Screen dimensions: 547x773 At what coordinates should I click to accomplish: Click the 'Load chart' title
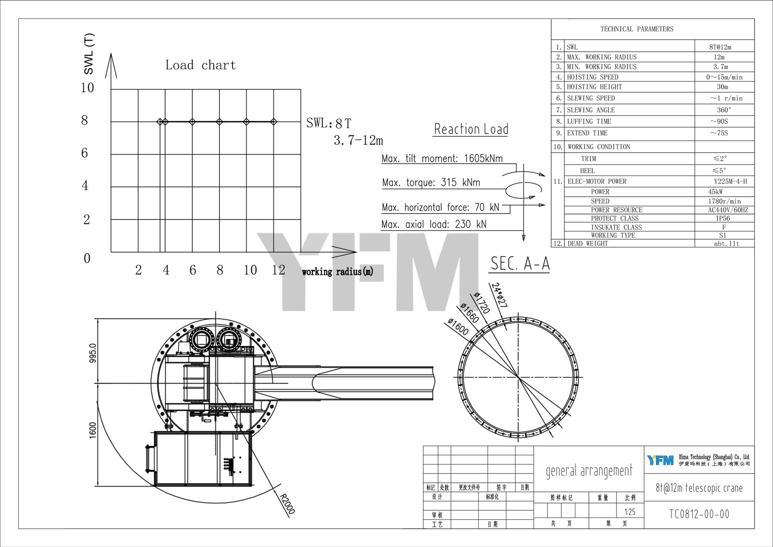coord(200,65)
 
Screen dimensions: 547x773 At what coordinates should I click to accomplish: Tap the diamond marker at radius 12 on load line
coord(274,122)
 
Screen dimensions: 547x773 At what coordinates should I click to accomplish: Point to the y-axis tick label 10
coord(87,88)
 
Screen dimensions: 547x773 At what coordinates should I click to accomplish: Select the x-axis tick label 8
coord(220,270)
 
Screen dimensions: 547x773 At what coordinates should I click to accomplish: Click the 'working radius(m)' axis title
coord(337,272)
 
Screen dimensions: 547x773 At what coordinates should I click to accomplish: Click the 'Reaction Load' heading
coord(471,130)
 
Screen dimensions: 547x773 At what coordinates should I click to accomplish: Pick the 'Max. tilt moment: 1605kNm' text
coord(442,158)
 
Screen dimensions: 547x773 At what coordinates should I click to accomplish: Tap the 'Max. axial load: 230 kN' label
coord(433,224)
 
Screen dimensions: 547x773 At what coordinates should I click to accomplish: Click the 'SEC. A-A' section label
coord(520,264)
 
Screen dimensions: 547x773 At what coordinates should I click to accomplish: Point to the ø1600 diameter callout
coord(458,327)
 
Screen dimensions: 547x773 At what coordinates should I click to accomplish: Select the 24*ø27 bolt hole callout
coord(499,295)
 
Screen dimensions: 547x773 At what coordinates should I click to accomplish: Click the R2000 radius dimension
coord(287,503)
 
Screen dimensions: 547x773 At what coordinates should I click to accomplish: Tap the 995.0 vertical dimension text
coord(93,353)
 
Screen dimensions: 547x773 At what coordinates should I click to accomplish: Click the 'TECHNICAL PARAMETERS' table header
coord(636,29)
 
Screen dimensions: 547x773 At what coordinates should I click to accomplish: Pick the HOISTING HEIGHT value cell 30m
coord(722,87)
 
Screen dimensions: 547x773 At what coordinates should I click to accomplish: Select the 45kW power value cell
coord(716,192)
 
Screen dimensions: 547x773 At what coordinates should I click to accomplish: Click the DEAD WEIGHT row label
coord(587,244)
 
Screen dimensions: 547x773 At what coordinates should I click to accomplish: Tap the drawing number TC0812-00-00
coord(699,514)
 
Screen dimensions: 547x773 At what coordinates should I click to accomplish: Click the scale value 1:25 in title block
coord(630,512)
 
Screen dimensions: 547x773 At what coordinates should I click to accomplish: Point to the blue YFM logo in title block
coord(660,460)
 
